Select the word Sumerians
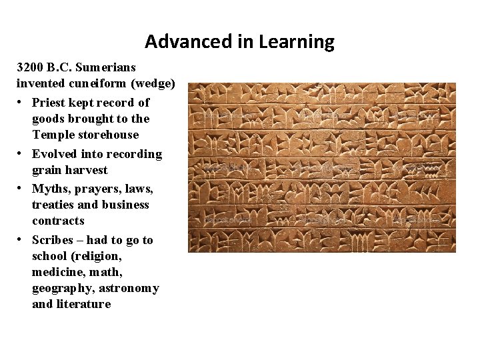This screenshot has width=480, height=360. pyautogui.click(x=105, y=67)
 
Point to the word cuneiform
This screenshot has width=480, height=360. pyautogui.click(x=99, y=83)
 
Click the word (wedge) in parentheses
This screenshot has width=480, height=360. pyautogui.click(x=154, y=83)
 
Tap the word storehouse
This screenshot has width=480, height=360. pyautogui.click(x=109, y=135)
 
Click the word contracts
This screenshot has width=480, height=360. pyautogui.click(x=59, y=221)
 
